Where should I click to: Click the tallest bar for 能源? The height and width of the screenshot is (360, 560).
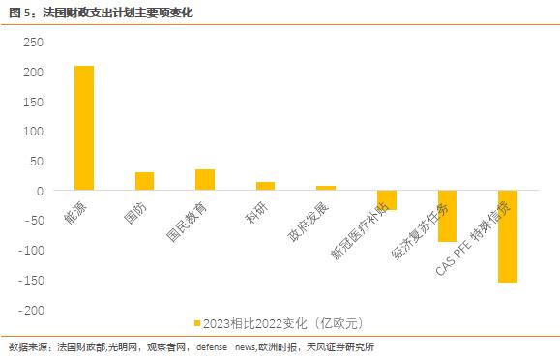(84, 128)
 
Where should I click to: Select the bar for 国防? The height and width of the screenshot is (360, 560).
(144, 181)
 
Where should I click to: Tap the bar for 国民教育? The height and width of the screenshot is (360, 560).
(205, 180)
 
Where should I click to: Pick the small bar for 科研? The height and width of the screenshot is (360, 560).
(265, 186)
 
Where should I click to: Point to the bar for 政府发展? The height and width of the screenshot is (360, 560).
(326, 188)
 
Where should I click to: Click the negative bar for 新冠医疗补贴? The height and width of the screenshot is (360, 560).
(387, 200)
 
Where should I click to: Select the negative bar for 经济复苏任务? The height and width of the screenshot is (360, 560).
(447, 216)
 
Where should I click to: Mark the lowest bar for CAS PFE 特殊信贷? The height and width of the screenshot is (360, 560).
(508, 236)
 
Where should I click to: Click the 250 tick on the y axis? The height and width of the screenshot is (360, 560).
(33, 43)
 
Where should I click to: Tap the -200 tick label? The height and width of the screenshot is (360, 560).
(30, 311)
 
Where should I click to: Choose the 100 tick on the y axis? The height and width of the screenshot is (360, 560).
(33, 132)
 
